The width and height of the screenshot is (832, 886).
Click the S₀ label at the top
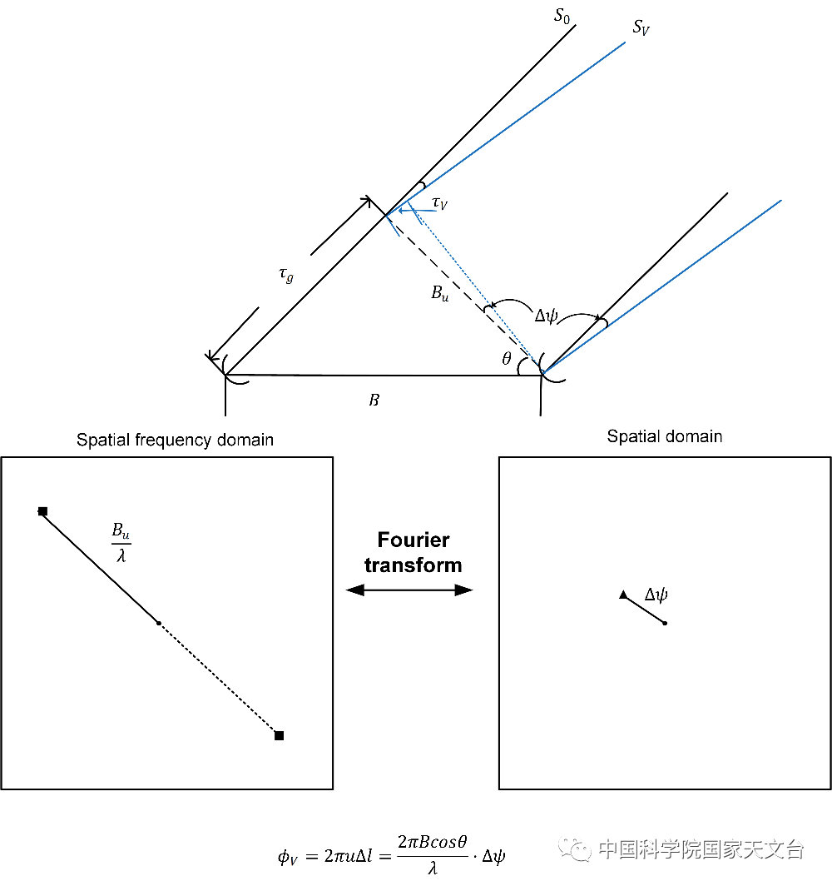[x=562, y=16]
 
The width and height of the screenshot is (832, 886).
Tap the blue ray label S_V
[x=641, y=29]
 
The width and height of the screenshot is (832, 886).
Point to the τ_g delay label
[x=285, y=276]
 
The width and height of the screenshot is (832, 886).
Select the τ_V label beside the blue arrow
[x=440, y=204]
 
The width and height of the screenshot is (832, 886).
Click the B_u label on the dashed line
[x=439, y=292]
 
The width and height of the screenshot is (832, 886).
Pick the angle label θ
[x=507, y=360]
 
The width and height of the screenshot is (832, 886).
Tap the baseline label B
[x=374, y=401]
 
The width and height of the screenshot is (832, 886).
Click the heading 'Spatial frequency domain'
[x=175, y=440]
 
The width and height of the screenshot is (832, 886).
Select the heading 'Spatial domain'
[x=664, y=436]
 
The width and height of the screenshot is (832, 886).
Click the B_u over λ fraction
[x=121, y=542]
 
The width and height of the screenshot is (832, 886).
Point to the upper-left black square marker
[x=42, y=511]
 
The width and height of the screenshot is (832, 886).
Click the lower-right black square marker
[x=279, y=735]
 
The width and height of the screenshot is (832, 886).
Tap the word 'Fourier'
[x=414, y=540]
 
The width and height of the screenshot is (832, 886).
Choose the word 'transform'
[x=414, y=565]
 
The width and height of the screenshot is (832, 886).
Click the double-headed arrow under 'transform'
[x=409, y=590]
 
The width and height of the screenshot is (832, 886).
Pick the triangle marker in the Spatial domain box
[x=623, y=595]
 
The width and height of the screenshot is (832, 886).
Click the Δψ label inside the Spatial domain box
[x=657, y=595]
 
